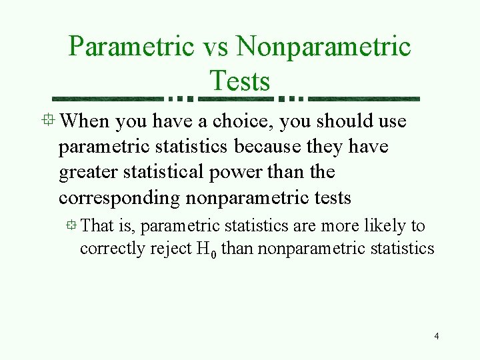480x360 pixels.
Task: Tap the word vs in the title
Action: pos(215,48)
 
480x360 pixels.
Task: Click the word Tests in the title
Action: pos(239,81)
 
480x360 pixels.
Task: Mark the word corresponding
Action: pos(119,198)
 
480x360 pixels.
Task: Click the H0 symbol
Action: pos(205,249)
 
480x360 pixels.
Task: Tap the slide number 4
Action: pos(436,336)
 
